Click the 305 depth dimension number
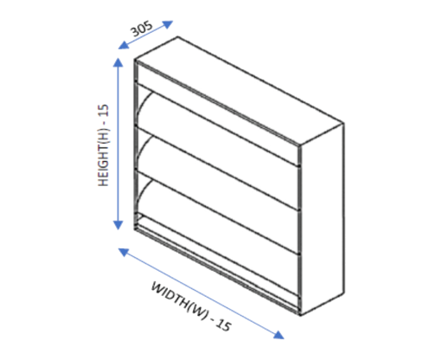tap(142, 29)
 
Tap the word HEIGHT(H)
tap(103, 157)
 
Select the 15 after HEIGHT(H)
tap(103, 110)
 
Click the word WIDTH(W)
tap(179, 300)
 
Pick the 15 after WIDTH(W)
tap(223, 325)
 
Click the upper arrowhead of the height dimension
tap(119, 62)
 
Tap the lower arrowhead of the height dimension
tap(119, 225)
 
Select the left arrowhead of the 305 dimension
tap(123, 45)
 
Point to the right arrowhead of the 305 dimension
tap(168, 24)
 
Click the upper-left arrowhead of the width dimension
tap(123, 252)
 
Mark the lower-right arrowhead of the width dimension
tap(279, 335)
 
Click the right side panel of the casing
tap(323, 219)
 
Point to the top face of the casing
tap(240, 90)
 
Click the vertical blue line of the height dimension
tap(119, 144)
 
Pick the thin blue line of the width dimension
tap(201, 293)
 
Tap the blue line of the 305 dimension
tap(145, 35)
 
